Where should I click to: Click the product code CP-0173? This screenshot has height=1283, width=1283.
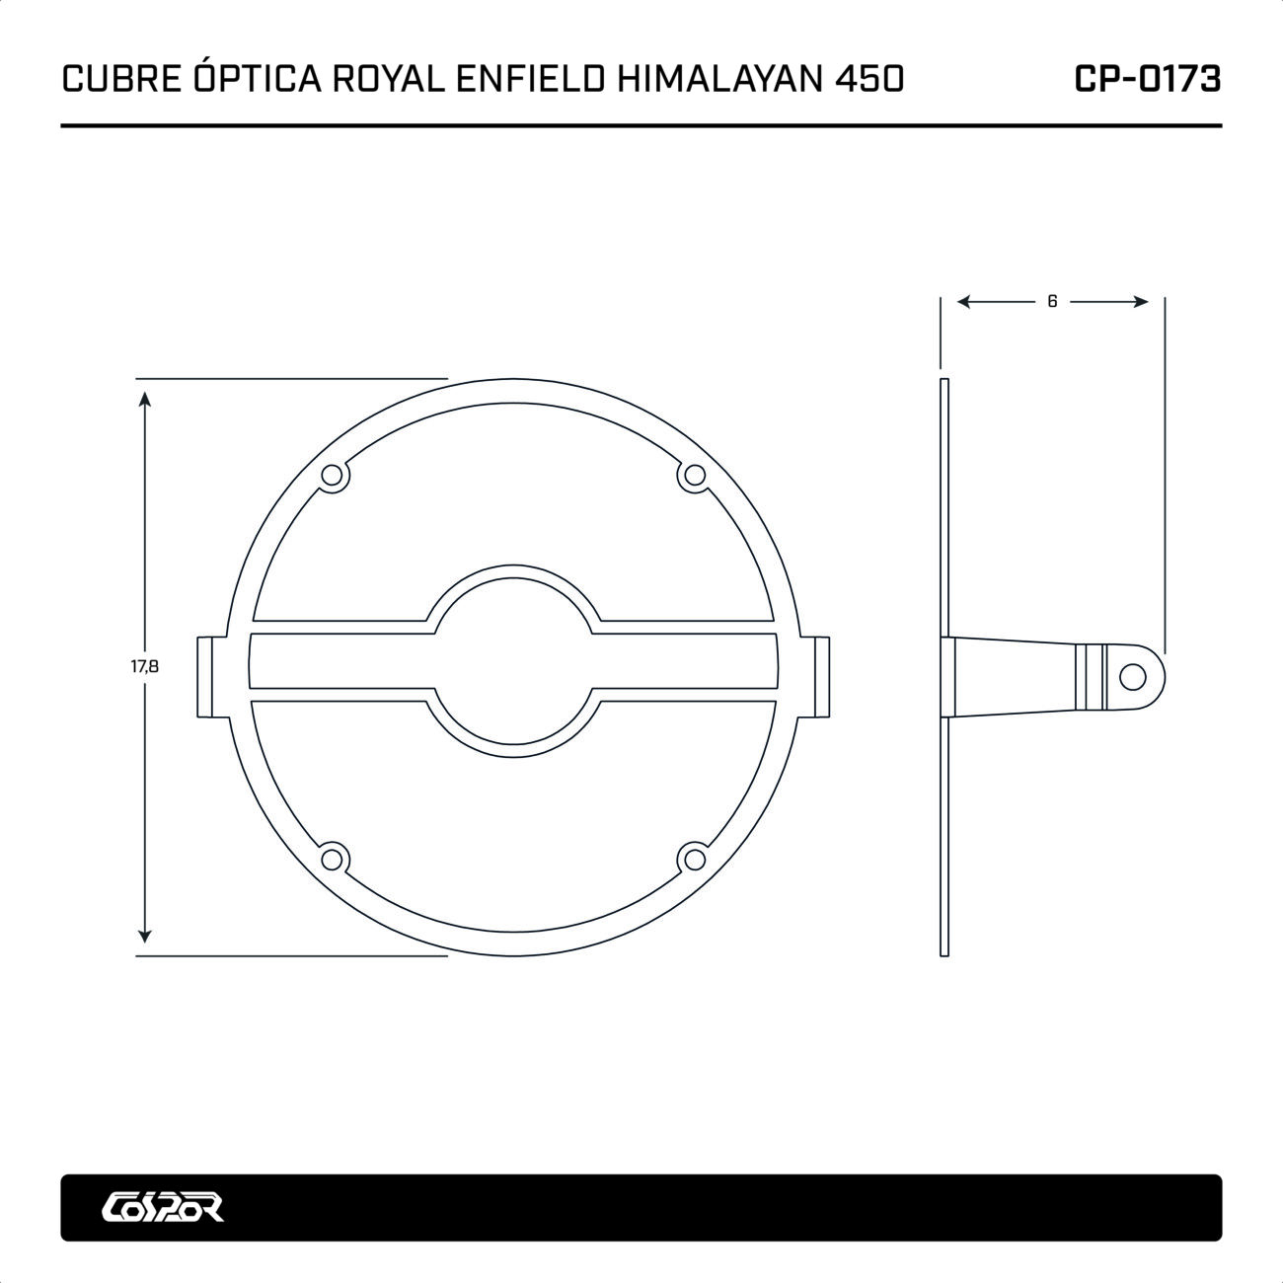pos(1147,80)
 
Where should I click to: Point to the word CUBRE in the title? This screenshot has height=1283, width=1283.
pos(116,80)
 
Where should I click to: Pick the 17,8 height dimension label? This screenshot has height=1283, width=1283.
pos(144,666)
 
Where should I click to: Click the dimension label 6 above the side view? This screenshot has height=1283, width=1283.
pos(1052,302)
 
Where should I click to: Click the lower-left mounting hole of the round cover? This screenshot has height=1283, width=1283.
pos(336,856)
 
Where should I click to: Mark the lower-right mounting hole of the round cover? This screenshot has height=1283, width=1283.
pos(694,856)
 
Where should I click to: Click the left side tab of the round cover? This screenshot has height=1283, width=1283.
pos(211,677)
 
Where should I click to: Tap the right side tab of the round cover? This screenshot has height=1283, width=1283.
pos(820,677)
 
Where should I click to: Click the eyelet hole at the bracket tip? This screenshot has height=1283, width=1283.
pos(1134,677)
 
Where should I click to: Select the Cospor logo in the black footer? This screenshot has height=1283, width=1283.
pos(163,1207)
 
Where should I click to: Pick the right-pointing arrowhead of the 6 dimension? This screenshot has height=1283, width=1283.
pos(1142,302)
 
